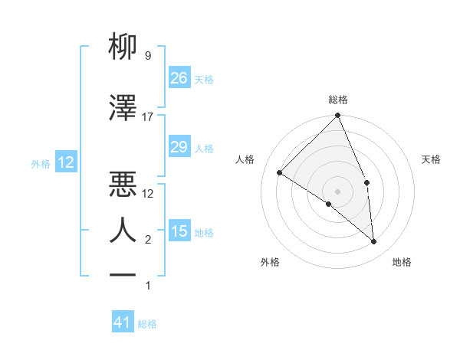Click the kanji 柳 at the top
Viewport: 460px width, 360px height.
(x=123, y=47)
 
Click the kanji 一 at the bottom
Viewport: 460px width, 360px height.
(x=123, y=273)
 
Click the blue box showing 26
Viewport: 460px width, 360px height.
(x=179, y=77)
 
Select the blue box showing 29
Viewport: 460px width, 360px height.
(x=179, y=147)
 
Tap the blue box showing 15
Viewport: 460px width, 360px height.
(x=179, y=231)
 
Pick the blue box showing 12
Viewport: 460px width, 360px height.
(x=65, y=162)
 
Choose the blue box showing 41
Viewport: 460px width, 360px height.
(x=123, y=322)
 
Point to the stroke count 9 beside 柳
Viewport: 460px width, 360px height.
(x=147, y=56)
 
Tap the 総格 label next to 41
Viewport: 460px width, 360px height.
(x=147, y=324)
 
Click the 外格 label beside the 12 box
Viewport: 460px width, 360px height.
(x=41, y=163)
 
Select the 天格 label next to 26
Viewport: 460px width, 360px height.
(x=203, y=79)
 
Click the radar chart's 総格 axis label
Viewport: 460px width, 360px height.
(x=338, y=100)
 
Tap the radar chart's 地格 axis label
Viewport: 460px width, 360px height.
(x=402, y=262)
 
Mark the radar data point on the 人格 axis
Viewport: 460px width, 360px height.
(x=280, y=172)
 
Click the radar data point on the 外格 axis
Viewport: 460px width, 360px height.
(x=329, y=204)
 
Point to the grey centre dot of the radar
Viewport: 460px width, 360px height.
(x=338, y=191)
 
